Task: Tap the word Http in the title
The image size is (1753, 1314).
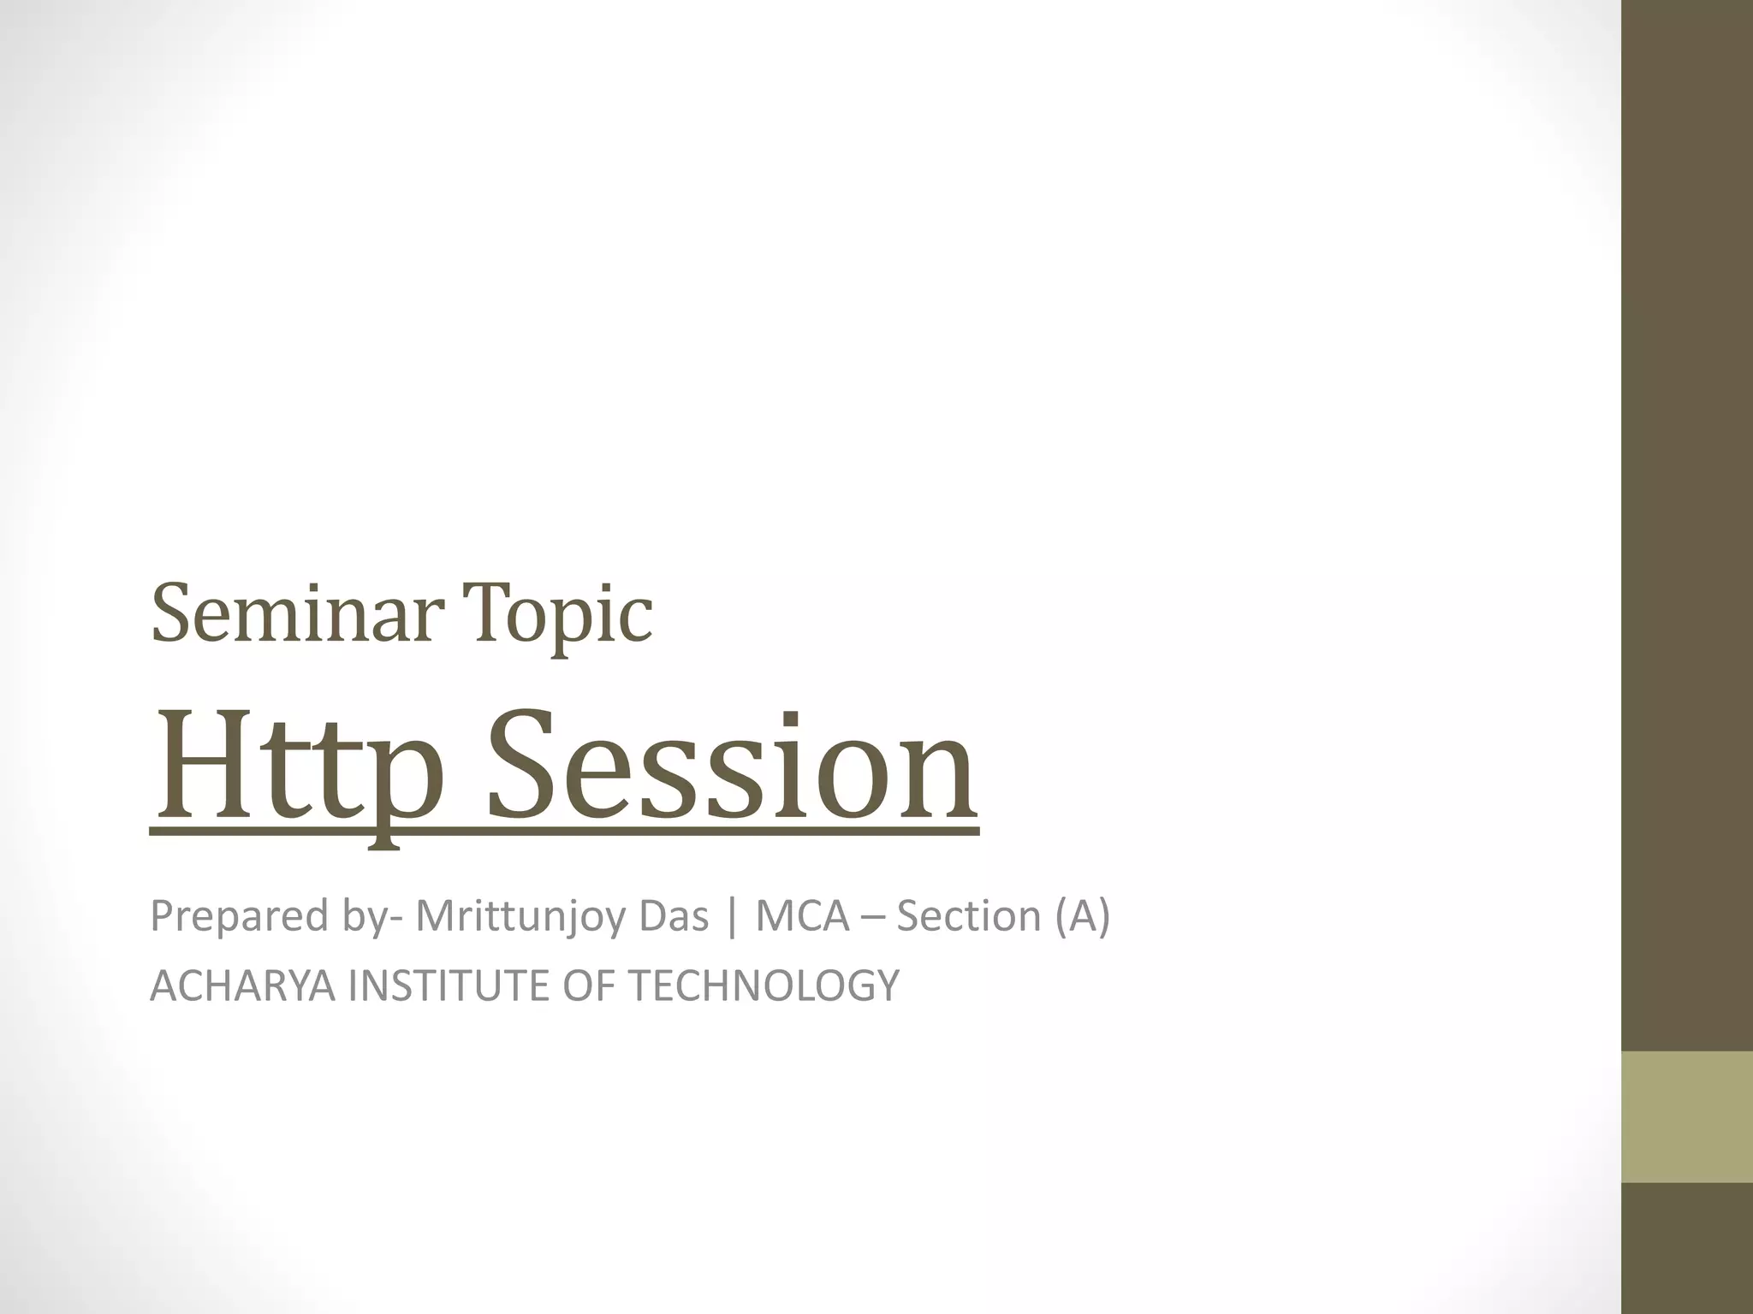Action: [x=291, y=770]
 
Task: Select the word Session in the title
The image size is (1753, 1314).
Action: [x=732, y=770]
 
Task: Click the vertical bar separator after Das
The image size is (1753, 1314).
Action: [x=730, y=916]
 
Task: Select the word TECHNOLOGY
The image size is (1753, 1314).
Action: [x=764, y=985]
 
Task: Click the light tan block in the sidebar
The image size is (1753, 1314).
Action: [x=1687, y=1117]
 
